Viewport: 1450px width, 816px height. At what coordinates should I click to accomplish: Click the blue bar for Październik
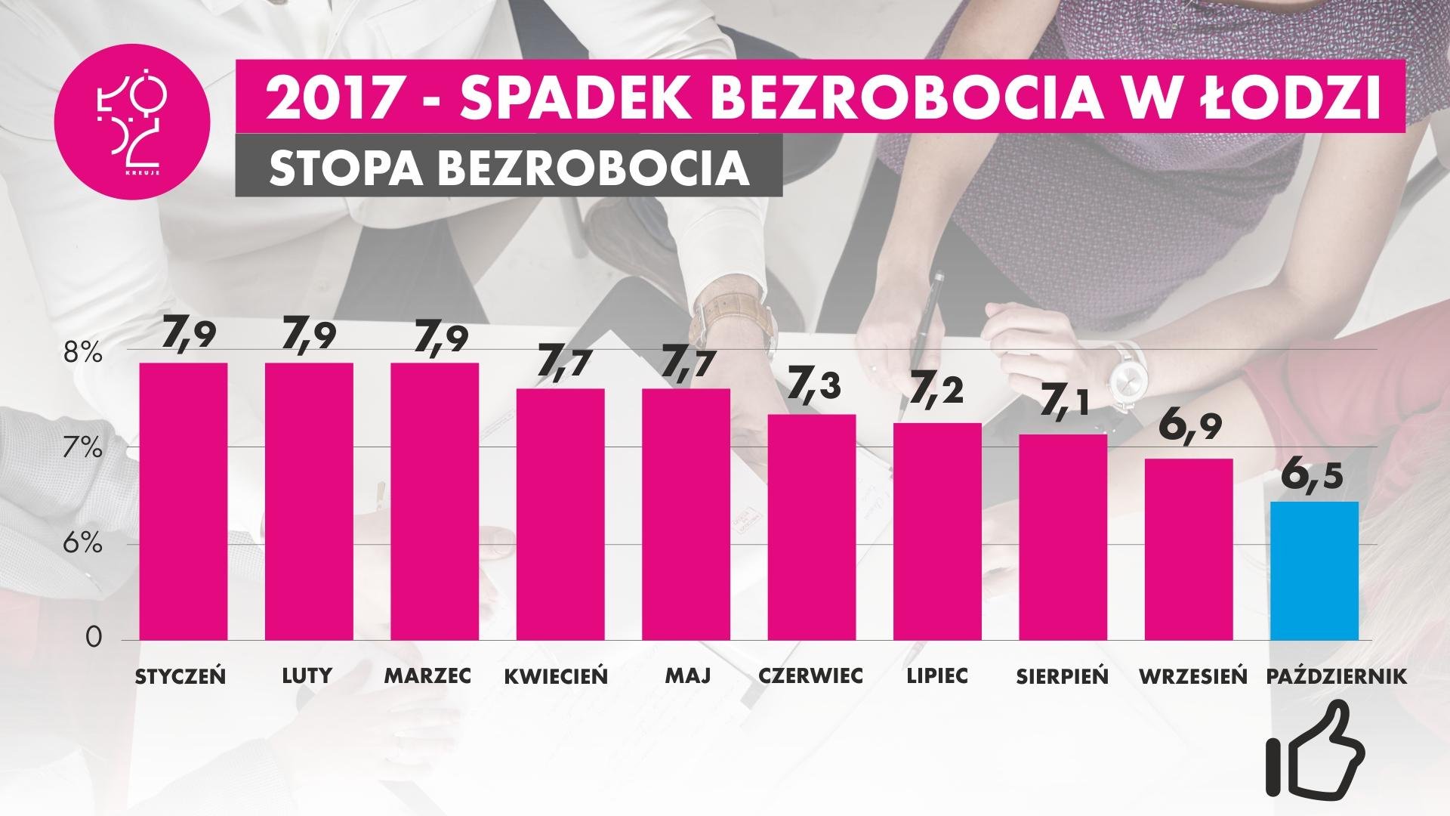1314,570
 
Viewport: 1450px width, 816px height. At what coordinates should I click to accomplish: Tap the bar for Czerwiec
812,527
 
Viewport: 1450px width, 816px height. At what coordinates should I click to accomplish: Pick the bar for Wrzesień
1189,549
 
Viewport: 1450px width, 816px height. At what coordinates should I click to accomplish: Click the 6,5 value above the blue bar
1315,478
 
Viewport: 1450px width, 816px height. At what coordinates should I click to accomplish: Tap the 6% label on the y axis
82,544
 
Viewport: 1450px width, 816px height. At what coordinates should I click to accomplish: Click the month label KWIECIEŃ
556,675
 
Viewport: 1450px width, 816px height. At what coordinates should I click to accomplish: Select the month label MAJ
686,675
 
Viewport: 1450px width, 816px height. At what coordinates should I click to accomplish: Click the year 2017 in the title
319,100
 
